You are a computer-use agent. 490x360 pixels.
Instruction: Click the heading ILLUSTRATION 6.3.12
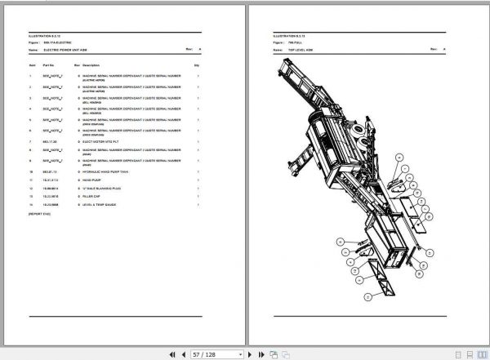pyautogui.click(x=45, y=36)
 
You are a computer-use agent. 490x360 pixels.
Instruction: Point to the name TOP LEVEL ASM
pyautogui.click(x=303, y=50)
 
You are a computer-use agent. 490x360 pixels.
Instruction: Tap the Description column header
pyautogui.click(x=91, y=64)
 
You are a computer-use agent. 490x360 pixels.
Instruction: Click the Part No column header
pyautogui.click(x=48, y=64)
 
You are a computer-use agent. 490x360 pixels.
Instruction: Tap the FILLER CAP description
pyautogui.click(x=92, y=196)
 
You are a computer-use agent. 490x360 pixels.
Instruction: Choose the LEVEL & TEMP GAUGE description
pyautogui.click(x=100, y=204)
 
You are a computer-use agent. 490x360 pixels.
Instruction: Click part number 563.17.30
pyautogui.click(x=49, y=140)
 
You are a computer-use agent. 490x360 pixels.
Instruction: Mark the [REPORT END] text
pyautogui.click(x=40, y=213)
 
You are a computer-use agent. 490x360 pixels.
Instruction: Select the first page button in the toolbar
pyautogui.click(x=172, y=354)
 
